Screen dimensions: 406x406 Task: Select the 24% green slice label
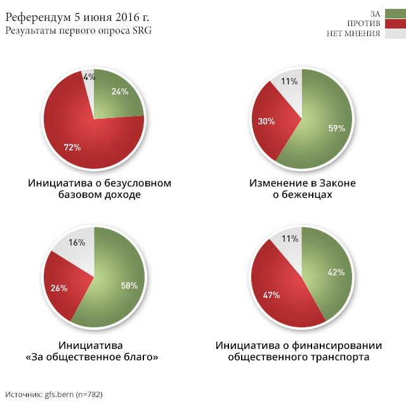pyautogui.click(x=119, y=91)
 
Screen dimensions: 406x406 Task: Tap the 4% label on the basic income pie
pyautogui.click(x=89, y=77)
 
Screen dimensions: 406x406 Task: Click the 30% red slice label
pyautogui.click(x=266, y=121)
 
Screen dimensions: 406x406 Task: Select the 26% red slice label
pyautogui.click(x=59, y=288)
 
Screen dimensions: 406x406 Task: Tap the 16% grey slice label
pyautogui.click(x=77, y=242)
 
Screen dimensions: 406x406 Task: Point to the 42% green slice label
pyautogui.click(x=336, y=272)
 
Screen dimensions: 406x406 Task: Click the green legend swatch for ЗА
pyautogui.click(x=395, y=13)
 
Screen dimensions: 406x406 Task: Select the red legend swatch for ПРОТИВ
pyautogui.click(x=395, y=23)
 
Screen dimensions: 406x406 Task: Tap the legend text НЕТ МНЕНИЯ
pyautogui.click(x=352, y=34)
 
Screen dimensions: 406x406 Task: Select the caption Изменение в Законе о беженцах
pyautogui.click(x=302, y=189)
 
